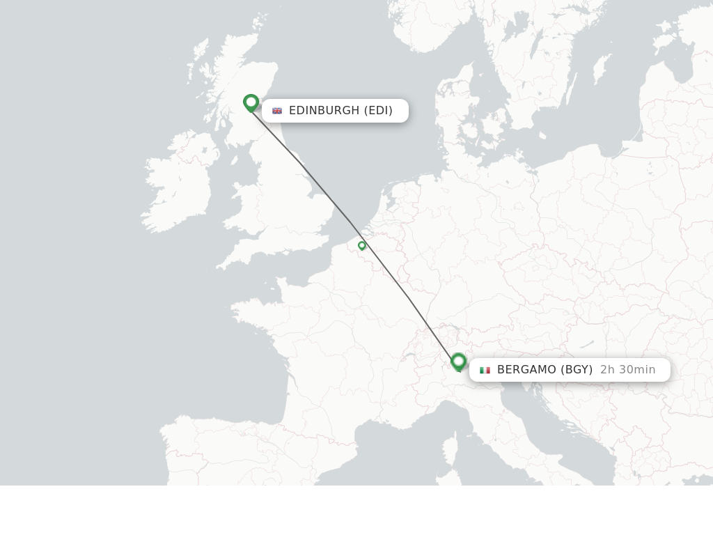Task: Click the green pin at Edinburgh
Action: point(251,102)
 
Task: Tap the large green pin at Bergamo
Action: point(458,362)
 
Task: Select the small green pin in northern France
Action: point(362,245)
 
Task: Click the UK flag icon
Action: point(277,111)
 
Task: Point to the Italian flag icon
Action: point(485,370)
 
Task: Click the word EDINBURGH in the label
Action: point(324,111)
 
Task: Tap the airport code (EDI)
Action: point(378,111)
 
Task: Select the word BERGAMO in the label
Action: point(526,370)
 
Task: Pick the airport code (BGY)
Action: point(577,370)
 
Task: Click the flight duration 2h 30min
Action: point(627,370)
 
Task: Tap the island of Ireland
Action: point(178,188)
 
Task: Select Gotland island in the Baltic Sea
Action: point(600,70)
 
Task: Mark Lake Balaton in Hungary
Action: point(587,344)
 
